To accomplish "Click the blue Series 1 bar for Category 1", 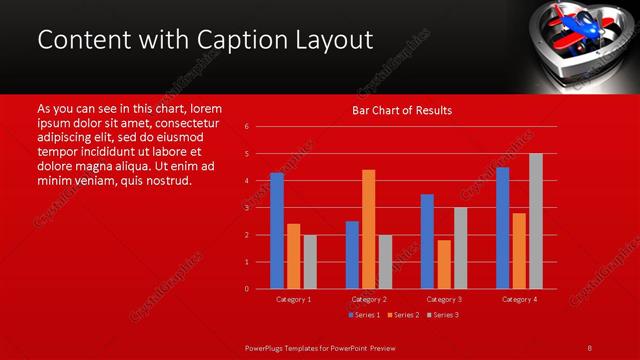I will [x=277, y=231].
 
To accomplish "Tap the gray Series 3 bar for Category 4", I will [x=535, y=221].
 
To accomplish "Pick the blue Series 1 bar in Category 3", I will [x=427, y=241].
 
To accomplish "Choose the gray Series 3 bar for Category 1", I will [x=310, y=262].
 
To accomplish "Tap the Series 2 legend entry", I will [x=402, y=315].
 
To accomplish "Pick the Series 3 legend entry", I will [x=443, y=315].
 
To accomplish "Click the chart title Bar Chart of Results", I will [x=402, y=110].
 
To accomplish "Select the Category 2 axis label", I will [x=369, y=299].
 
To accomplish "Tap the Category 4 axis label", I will [x=519, y=299].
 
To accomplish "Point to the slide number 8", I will [x=589, y=347].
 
